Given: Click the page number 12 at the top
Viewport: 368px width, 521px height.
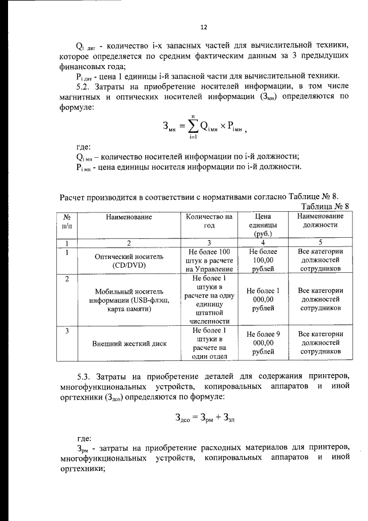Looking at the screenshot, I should point(203,27).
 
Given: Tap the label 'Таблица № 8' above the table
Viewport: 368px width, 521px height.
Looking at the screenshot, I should point(325,206).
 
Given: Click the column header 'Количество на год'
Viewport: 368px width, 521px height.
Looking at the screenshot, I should point(210,221).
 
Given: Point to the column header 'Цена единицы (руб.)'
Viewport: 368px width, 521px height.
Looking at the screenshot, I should point(263,225).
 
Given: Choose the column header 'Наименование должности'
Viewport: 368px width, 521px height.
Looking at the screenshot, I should point(321,221).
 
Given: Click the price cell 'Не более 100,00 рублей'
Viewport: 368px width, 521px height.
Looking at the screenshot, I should point(263,260).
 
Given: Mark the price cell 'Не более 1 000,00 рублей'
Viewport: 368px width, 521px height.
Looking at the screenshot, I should point(263,299).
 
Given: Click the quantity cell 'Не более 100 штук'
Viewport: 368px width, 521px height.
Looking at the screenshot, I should point(210,260).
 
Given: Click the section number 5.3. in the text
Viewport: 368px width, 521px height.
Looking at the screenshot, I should point(86,376).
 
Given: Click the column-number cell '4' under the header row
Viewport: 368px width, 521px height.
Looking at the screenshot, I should point(263,243).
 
